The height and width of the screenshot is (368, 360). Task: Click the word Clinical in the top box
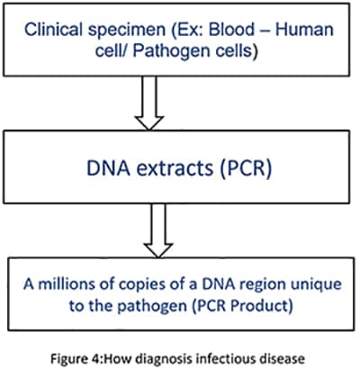click(x=53, y=30)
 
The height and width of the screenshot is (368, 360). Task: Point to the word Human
click(x=304, y=30)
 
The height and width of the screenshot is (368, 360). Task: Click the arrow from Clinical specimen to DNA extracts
click(x=149, y=103)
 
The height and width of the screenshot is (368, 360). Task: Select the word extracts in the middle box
click(x=175, y=168)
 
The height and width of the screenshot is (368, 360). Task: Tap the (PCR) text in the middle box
click(x=246, y=169)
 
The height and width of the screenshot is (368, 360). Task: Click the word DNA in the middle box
click(x=109, y=168)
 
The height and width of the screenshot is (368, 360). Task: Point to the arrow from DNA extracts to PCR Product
click(x=158, y=230)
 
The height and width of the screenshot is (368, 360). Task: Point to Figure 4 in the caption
click(x=76, y=358)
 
